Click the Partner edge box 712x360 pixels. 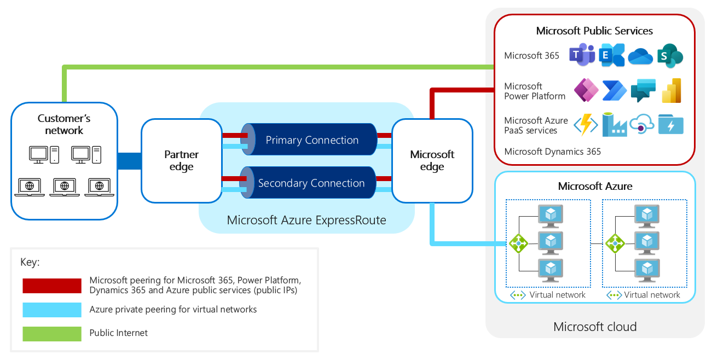tap(181, 161)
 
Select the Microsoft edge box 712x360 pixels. tap(432, 161)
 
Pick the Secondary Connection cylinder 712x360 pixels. tap(311, 183)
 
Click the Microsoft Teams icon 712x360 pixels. tap(582, 55)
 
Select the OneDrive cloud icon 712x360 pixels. tap(641, 56)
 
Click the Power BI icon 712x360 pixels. tap(671, 91)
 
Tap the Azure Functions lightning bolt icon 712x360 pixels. tap(584, 125)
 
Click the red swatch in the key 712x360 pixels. tap(52, 286)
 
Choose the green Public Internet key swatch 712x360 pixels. tap(52, 333)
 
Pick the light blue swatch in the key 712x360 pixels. tap(52, 310)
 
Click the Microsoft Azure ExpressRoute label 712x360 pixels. tap(306, 220)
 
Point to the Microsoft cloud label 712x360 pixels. tap(595, 327)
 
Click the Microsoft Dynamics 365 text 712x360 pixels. tap(552, 152)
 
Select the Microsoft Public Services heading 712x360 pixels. tap(594, 31)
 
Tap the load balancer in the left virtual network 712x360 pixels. tap(518, 243)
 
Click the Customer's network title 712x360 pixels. tap(64, 124)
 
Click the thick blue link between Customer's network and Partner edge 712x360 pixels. tap(129, 161)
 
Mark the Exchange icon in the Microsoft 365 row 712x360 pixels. tap(612, 55)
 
